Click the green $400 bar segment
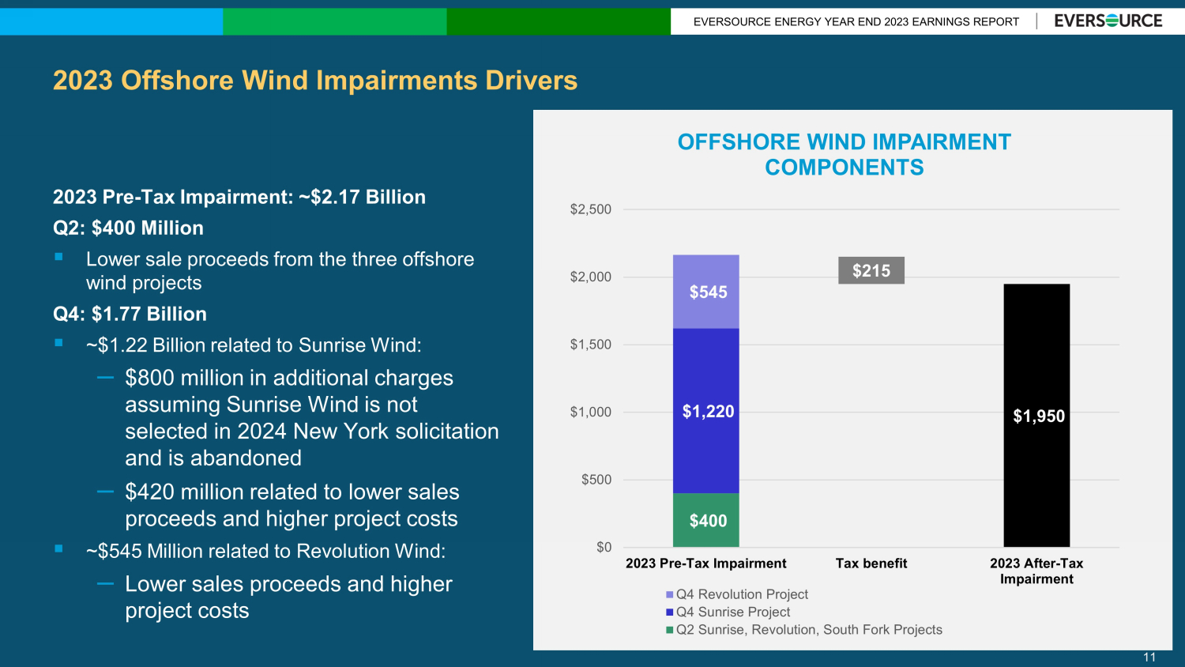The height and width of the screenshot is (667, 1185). point(705,520)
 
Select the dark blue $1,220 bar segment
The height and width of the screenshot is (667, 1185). point(705,411)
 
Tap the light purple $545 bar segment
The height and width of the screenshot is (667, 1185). point(705,292)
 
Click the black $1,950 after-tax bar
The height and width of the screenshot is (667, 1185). point(1036,416)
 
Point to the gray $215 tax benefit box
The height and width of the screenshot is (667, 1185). point(871,270)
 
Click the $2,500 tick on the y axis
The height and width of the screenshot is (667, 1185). point(590,209)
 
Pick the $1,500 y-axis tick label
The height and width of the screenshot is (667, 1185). point(590,345)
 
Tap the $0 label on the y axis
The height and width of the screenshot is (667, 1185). point(604,548)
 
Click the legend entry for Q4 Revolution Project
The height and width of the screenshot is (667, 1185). point(737,594)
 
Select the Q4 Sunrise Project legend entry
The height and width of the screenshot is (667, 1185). point(728,612)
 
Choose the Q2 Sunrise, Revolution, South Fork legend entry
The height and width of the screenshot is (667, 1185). point(804,630)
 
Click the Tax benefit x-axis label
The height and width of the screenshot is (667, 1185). point(871,563)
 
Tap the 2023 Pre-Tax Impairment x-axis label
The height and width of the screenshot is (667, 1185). point(705,563)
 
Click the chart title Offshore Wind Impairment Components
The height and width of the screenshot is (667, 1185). point(845,155)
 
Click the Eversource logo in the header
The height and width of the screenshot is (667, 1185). point(1108,21)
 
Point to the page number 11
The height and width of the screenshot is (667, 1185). point(1149,657)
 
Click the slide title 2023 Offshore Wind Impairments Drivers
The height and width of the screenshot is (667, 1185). point(315,81)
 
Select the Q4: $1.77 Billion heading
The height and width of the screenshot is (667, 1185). point(130,314)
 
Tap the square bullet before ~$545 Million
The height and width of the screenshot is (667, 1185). point(58,548)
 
